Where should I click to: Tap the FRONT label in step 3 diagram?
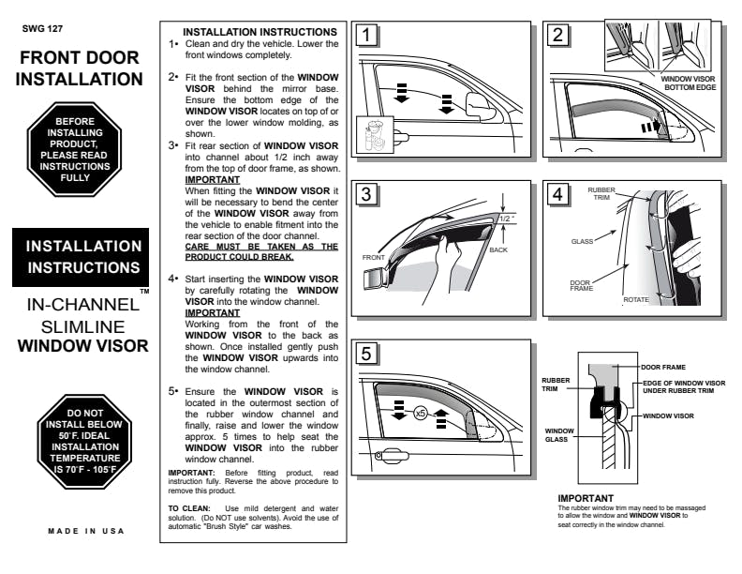375,256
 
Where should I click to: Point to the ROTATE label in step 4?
637,299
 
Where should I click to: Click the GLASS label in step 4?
583,241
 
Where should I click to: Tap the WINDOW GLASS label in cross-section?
558,435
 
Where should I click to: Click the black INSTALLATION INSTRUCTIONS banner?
82,257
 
